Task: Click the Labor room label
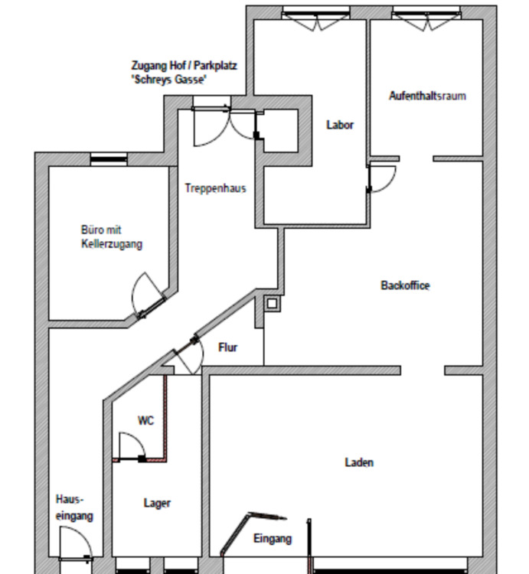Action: [340, 125]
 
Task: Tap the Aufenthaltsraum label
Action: [427, 96]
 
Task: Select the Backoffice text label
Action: [405, 285]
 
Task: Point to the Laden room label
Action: [359, 462]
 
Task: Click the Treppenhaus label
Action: [215, 188]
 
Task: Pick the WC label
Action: [145, 420]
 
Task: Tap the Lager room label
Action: [157, 503]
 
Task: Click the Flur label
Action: [228, 347]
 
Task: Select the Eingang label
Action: [273, 539]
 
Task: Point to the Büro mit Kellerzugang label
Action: [112, 236]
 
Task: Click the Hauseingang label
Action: [74, 507]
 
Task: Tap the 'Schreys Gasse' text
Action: [170, 80]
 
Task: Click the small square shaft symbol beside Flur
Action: [272, 303]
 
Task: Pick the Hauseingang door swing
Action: [77, 549]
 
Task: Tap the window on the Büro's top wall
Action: [108, 159]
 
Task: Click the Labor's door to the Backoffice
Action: [380, 178]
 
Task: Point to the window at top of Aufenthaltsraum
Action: [427, 13]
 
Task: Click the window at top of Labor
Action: [315, 13]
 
